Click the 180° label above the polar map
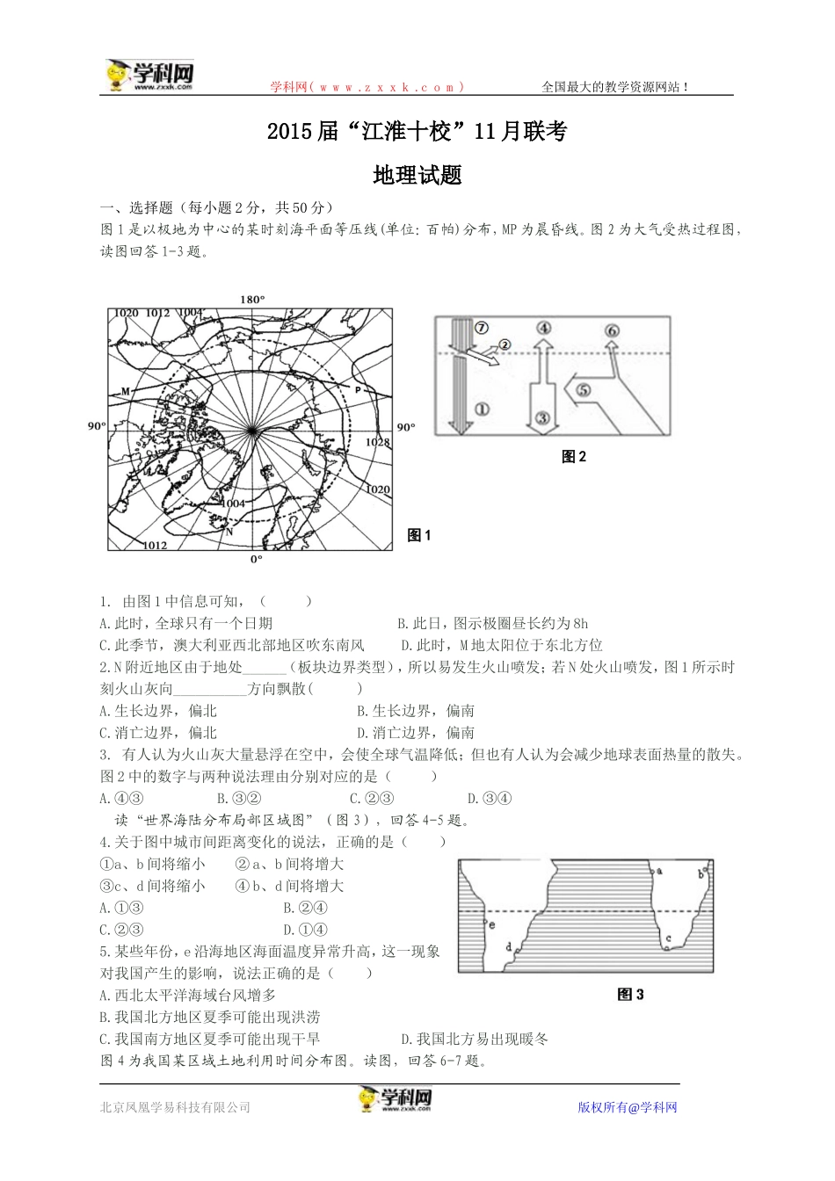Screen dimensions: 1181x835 (252, 300)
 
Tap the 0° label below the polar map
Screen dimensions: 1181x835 (256, 559)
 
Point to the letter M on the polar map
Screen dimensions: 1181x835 (125, 391)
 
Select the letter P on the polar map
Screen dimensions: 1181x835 (359, 388)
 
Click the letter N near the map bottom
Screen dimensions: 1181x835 (229, 532)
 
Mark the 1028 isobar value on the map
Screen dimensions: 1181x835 (378, 443)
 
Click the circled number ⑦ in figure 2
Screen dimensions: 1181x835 (481, 328)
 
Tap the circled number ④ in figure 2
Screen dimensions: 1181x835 (544, 329)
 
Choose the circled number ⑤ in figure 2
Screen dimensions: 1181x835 (583, 391)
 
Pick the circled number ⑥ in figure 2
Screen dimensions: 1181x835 (612, 330)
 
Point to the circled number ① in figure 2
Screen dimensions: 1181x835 (482, 409)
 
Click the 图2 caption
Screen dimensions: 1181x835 (573, 457)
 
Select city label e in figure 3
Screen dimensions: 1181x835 (492, 924)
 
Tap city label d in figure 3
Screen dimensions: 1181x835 (509, 946)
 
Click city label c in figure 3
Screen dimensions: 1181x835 (669, 938)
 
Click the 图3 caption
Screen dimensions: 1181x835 (631, 995)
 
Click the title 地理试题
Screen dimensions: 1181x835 (417, 175)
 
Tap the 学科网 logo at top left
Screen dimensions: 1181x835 (149, 76)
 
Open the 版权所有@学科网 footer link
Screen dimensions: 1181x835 (628, 1107)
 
